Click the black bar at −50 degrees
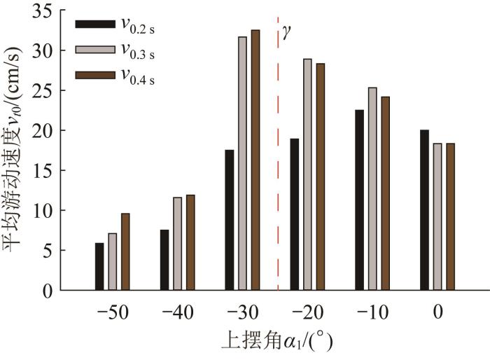tap(99, 266)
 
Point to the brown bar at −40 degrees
tap(190, 242)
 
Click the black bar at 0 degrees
tap(424, 209)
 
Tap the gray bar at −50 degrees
tap(113, 261)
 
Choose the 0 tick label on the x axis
tap(437, 312)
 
